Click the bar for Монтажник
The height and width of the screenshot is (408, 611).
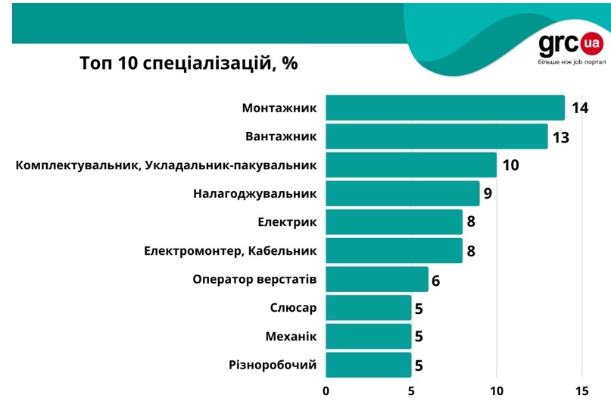tap(445, 108)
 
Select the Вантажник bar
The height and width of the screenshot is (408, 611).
tap(437, 137)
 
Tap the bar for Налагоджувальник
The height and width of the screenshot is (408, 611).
tap(403, 193)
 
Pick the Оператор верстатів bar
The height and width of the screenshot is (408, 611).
tap(377, 279)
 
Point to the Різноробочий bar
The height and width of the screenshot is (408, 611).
tap(369, 365)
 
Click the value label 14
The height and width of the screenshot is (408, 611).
tap(580, 108)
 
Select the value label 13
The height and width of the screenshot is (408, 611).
tap(560, 137)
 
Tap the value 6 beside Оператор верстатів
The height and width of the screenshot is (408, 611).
tap(435, 281)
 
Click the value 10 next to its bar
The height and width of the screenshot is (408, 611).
tap(510, 165)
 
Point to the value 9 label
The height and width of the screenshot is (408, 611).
tap(488, 193)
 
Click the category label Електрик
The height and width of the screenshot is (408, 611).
tap(287, 222)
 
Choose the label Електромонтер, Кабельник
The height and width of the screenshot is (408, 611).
tap(230, 250)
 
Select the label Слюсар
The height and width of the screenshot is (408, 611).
tap(293, 308)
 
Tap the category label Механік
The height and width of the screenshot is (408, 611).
tap(291, 336)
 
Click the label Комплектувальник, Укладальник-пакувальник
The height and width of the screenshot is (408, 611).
tap(166, 165)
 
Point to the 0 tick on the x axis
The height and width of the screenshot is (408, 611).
tap(326, 391)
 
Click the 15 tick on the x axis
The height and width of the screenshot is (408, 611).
tap(581, 391)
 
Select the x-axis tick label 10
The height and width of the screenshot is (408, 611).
tap(497, 391)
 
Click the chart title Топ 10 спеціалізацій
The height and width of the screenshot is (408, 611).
tap(189, 63)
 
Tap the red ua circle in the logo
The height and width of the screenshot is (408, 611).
tap(592, 44)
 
